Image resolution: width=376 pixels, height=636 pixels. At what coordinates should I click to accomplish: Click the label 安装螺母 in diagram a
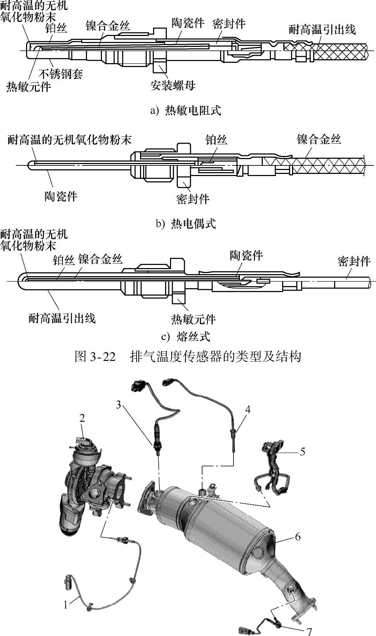point(173,85)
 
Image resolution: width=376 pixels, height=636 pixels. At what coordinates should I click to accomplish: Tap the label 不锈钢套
point(61,74)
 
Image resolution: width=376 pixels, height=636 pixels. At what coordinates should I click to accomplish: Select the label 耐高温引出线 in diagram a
point(322,30)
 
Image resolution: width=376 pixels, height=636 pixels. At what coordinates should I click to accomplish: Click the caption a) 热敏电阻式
point(186,110)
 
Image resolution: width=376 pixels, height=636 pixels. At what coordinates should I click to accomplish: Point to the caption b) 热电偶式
point(186,224)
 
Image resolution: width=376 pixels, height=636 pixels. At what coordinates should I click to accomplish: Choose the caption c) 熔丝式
point(186,337)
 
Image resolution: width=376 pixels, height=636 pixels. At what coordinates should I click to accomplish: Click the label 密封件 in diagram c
point(354,261)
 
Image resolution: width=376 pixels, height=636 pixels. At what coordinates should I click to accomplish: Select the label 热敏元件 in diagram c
point(193,319)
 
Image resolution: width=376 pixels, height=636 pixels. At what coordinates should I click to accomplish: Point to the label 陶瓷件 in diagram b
point(61,196)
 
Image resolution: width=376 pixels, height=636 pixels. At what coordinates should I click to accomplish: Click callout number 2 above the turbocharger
point(82,418)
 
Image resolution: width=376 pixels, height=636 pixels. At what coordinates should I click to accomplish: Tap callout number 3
point(119,405)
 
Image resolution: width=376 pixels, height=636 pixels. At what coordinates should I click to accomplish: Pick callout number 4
point(248,410)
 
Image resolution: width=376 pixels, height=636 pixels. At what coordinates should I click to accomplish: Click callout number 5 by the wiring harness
point(302,452)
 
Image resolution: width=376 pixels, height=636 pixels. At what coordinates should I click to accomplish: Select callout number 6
point(298,537)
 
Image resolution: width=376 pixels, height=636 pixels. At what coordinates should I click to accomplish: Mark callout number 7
point(309,631)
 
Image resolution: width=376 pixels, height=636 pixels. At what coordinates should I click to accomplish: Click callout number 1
point(66,605)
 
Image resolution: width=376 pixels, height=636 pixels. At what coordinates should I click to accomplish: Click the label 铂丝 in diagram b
point(216,140)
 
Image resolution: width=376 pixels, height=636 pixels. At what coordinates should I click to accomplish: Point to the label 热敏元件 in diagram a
point(29,86)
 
